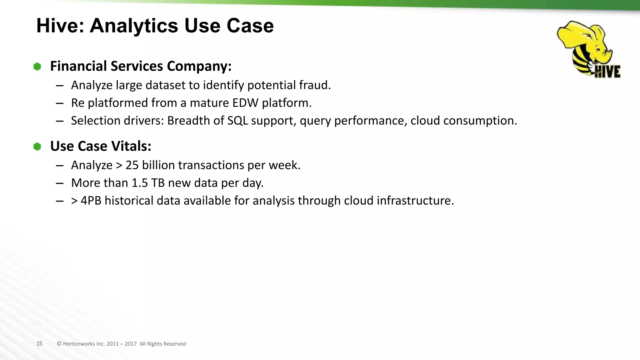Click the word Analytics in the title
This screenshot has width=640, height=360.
[134, 26]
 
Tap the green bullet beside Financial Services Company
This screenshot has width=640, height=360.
[37, 67]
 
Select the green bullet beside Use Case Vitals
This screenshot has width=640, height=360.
[37, 147]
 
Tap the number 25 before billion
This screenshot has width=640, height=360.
[132, 165]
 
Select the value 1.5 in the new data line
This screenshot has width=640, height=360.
[139, 183]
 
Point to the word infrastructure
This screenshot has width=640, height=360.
[415, 201]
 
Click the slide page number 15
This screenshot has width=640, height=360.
[39, 343]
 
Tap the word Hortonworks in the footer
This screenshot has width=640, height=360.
[79, 344]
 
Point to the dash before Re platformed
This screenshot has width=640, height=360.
[60, 103]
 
